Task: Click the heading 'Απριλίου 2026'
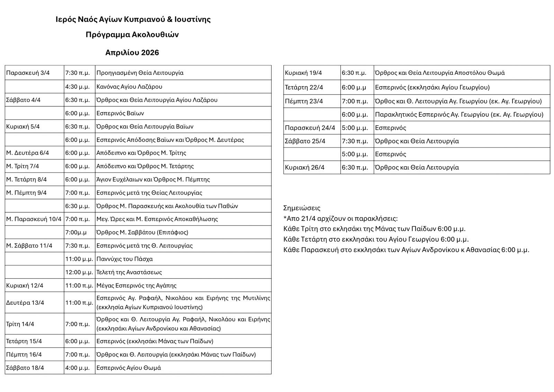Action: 132,53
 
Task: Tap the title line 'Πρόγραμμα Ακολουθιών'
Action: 132,35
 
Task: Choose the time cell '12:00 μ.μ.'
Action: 79,272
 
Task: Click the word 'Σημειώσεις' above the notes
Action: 302,208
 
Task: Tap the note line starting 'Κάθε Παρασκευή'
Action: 406,250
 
